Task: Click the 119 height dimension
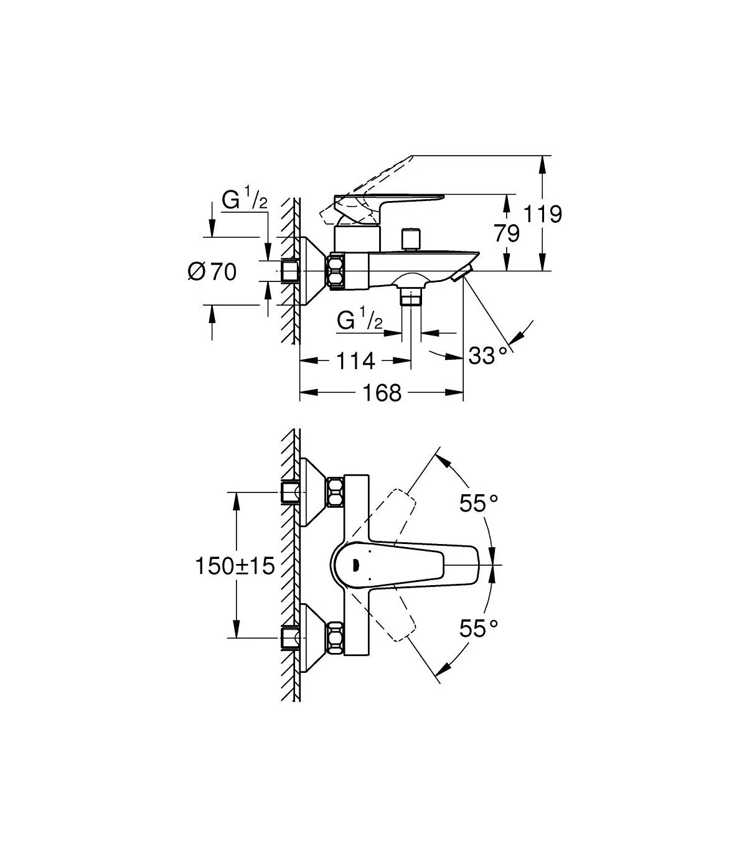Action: [x=542, y=214]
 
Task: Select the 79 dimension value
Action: [x=507, y=233]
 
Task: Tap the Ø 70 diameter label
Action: [x=212, y=272]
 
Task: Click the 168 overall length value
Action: [x=382, y=393]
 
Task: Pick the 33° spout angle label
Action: [x=488, y=355]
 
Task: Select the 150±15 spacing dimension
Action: [x=235, y=566]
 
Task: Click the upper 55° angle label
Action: [x=479, y=503]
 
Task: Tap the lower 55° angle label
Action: [x=479, y=640]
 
